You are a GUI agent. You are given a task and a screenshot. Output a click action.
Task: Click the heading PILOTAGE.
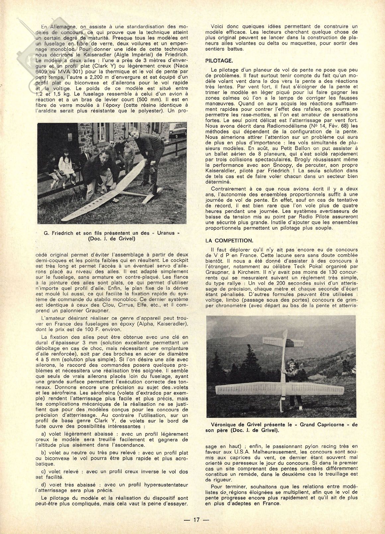click(219, 61)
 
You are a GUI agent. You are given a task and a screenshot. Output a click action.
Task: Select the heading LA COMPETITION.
click(229, 240)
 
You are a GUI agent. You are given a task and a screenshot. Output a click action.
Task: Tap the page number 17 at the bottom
click(196, 520)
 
